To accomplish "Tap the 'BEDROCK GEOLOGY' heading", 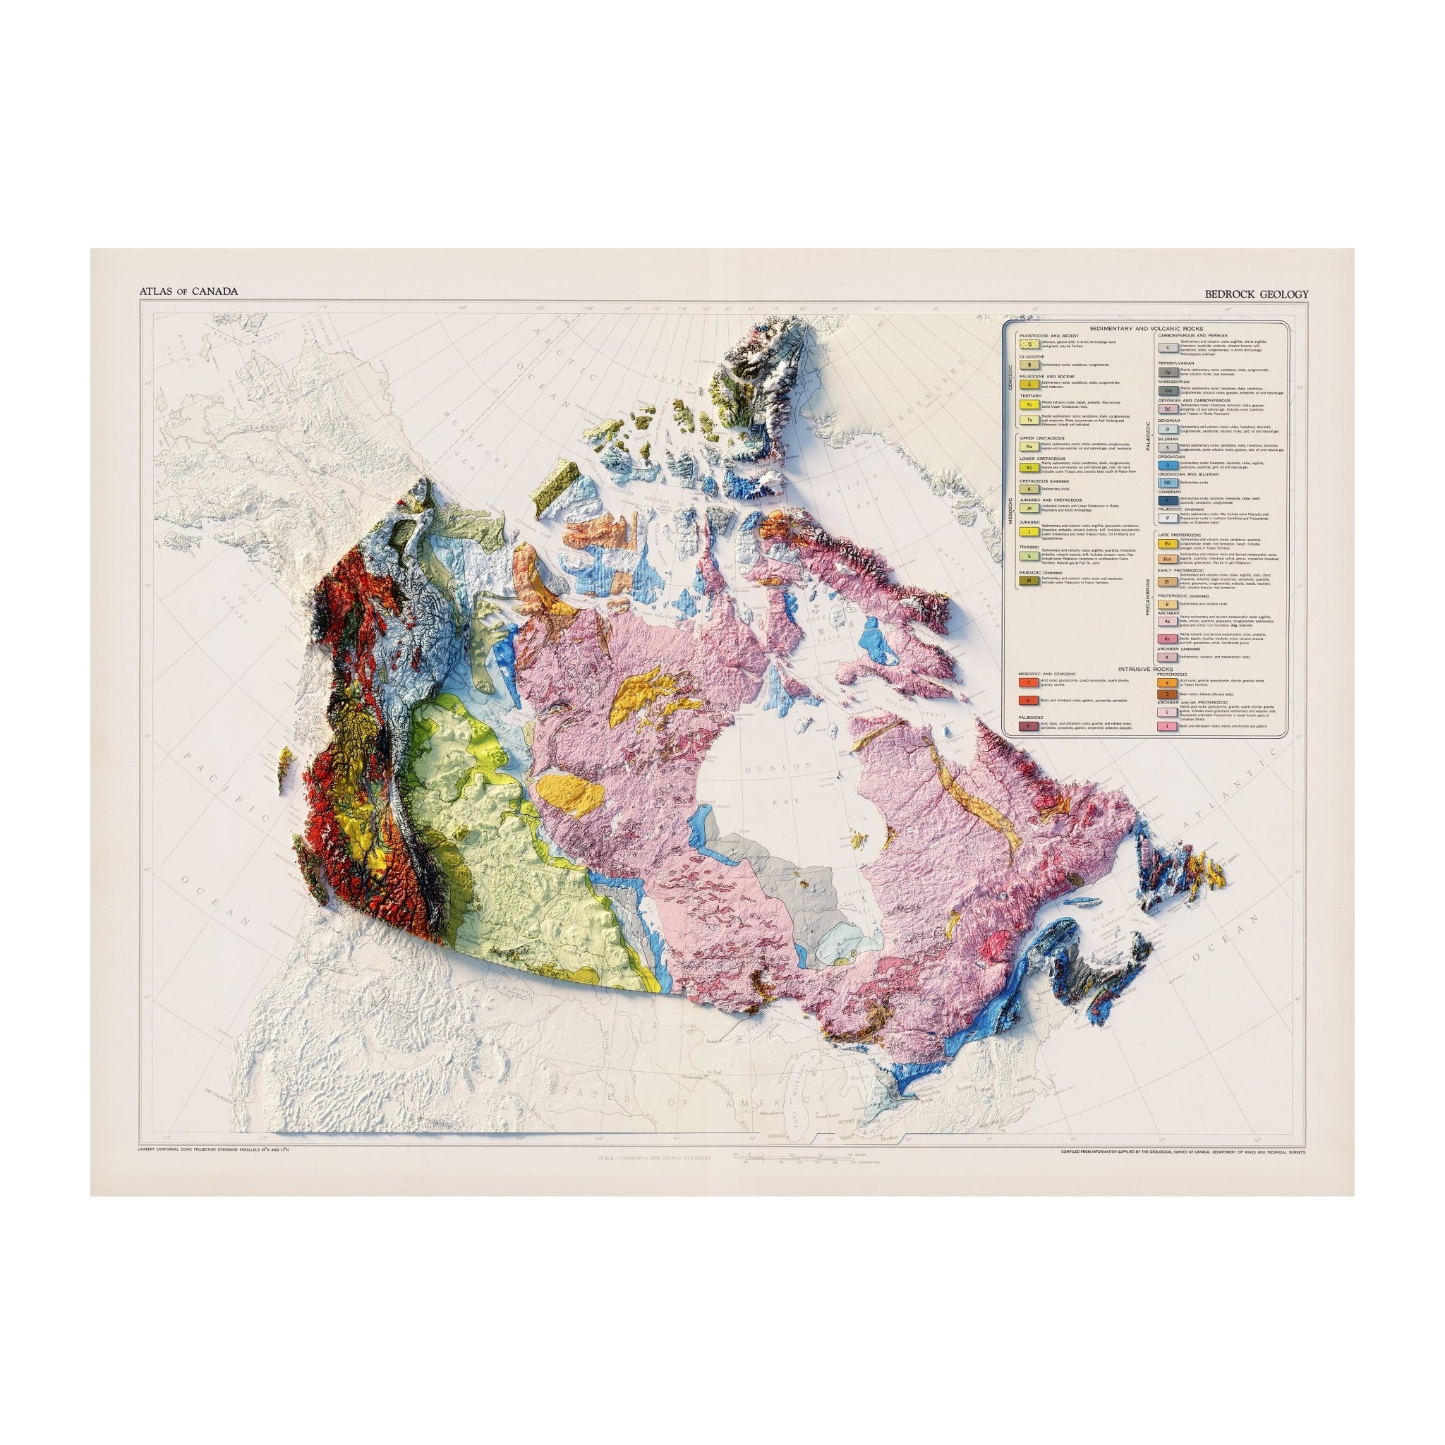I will [1257, 294].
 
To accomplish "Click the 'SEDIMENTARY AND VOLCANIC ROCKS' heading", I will [1143, 329].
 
